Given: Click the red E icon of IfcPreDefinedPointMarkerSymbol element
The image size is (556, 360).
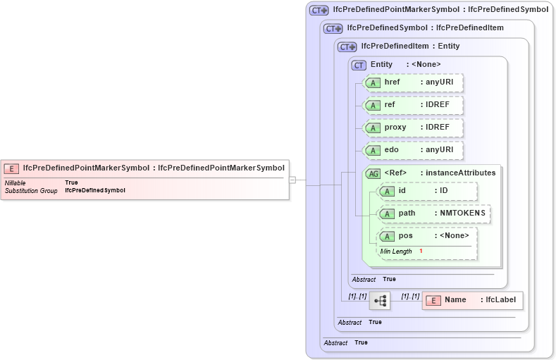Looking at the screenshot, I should [x=11, y=168].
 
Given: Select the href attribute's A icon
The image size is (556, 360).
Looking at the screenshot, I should [x=372, y=82].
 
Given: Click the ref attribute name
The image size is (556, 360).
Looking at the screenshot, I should [x=390, y=104].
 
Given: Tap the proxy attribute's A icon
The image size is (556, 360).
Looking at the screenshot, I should [x=372, y=128].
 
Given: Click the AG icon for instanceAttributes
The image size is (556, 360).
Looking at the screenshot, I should [x=372, y=173].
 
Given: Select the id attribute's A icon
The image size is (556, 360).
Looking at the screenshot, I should [x=387, y=191].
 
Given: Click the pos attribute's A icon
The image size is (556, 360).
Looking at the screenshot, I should [x=387, y=236].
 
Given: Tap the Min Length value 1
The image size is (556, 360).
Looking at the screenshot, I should [x=421, y=251].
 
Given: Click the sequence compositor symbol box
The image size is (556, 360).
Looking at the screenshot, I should [x=381, y=301].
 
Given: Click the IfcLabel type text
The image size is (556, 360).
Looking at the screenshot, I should [x=501, y=299].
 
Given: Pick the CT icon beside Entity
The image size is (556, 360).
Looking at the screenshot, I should [x=359, y=65].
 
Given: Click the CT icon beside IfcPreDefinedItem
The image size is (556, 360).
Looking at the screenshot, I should [x=347, y=46].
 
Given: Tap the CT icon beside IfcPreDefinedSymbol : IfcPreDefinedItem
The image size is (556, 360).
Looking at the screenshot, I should [x=333, y=28].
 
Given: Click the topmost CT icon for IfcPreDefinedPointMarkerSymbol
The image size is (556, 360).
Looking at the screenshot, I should [x=319, y=11].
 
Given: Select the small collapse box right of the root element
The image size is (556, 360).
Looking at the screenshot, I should [x=292, y=180].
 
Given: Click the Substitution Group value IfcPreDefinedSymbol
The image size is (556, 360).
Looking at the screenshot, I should [x=95, y=190].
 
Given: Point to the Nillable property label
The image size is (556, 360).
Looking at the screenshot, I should [x=16, y=182].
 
